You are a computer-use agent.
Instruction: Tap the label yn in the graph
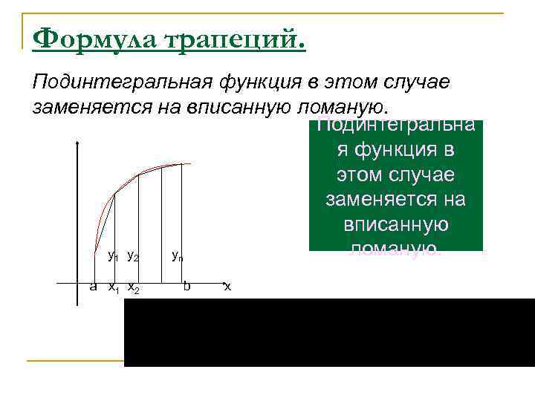point(178,257)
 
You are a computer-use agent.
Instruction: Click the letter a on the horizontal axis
point(94,286)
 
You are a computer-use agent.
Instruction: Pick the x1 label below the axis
point(114,287)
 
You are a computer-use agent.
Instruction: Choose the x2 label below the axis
point(134,287)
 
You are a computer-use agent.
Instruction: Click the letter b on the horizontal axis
point(188,285)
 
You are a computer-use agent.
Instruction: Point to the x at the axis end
point(227,286)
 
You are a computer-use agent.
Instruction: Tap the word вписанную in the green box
point(395,224)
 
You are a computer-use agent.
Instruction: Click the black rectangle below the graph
point(327,332)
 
